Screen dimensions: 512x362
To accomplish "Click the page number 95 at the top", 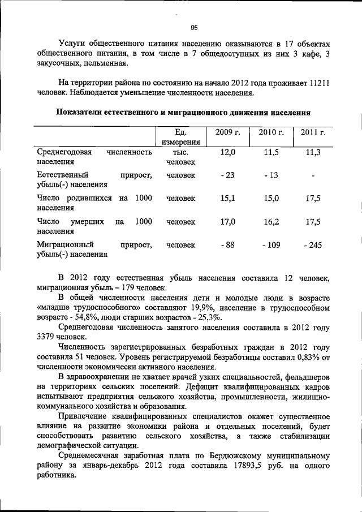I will click(x=193, y=27).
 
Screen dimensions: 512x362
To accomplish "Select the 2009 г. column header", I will click(x=228, y=132).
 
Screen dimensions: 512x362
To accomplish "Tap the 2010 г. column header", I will click(x=271, y=132).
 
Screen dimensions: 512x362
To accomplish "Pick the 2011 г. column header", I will click(x=313, y=132).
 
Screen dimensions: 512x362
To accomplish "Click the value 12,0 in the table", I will click(x=228, y=152).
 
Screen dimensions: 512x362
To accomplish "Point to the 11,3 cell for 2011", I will click(x=313, y=152).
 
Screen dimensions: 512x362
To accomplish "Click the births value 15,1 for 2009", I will click(x=228, y=198).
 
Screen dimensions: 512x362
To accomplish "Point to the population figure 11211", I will click(x=320, y=83).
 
